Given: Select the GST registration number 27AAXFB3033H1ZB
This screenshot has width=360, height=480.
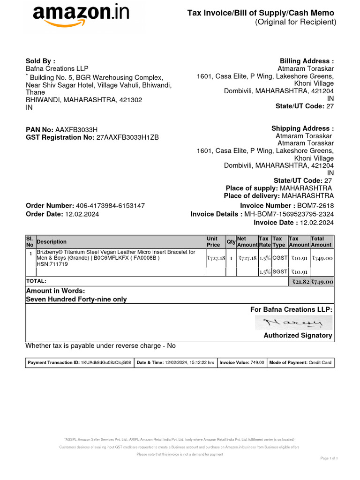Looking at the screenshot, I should coord(127,137).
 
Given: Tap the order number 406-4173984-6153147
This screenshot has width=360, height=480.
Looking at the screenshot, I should coord(110,206).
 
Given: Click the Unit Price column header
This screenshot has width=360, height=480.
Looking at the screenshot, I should coord(213,241).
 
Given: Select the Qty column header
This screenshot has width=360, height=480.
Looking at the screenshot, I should coord(231,241).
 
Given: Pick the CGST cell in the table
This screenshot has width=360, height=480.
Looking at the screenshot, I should coord(279,258).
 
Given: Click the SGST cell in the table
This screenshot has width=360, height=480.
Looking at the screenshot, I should coord(279,272).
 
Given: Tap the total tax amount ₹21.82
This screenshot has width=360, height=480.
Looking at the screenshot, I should coord(300,282).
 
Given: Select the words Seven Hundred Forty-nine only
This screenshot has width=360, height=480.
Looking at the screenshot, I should coord(76,299).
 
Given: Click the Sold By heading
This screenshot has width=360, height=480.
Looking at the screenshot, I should coord(40,61).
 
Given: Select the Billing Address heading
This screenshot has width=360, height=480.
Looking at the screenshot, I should coord(307,61).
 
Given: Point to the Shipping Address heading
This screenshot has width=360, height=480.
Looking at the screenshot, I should coord(302,128).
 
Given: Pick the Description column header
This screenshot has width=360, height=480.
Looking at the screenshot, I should coord(52,242).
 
